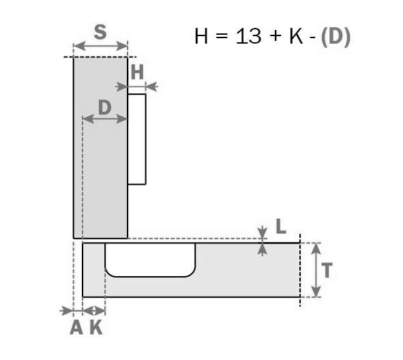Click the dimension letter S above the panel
pyautogui.click(x=100, y=32)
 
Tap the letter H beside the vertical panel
pyautogui.click(x=137, y=72)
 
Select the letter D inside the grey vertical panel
pyautogui.click(x=105, y=108)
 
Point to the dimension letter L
pyautogui.click(x=281, y=226)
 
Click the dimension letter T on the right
pyautogui.click(x=327, y=270)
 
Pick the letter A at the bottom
pyautogui.click(x=76, y=328)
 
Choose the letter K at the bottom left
pyautogui.click(x=96, y=328)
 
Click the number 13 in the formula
pyautogui.click(x=248, y=36)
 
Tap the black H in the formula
pyautogui.click(x=201, y=36)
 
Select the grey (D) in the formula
pyautogui.click(x=335, y=37)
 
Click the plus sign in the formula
pyautogui.click(x=275, y=35)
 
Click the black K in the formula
pyautogui.click(x=296, y=36)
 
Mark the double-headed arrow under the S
pyautogui.click(x=100, y=46)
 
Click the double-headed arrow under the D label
pyautogui.click(x=105, y=119)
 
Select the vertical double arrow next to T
pyautogui.click(x=316, y=270)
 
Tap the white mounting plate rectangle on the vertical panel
pyautogui.click(x=137, y=139)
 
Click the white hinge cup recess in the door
pyautogui.click(x=150, y=260)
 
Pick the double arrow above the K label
pyautogui.click(x=94, y=311)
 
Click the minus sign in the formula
pyautogui.click(x=312, y=37)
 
